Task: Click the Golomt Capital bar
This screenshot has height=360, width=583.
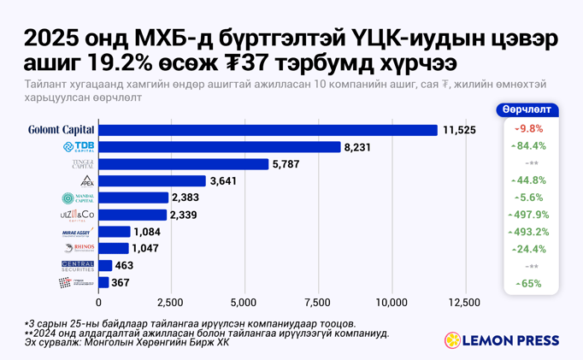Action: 268,130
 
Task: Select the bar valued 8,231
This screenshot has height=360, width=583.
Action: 220,147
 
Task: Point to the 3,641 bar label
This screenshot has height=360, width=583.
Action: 223,180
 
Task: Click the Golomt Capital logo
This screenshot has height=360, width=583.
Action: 61,130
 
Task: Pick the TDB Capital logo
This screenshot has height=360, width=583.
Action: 79,147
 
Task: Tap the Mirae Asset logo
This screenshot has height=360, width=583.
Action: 77,232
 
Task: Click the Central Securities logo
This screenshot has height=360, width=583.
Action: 78,265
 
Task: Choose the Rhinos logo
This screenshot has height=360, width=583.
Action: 79,248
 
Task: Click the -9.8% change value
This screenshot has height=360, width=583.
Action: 530,128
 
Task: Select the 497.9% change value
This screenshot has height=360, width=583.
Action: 528,215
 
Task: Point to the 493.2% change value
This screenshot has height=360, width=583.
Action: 528,232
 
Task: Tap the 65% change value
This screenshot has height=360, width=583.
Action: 529,283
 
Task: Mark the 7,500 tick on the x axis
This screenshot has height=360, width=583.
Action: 318,303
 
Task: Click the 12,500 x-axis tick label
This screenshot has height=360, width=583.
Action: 464,303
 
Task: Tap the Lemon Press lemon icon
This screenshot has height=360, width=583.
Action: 452,340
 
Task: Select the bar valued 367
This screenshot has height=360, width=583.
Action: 103,282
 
